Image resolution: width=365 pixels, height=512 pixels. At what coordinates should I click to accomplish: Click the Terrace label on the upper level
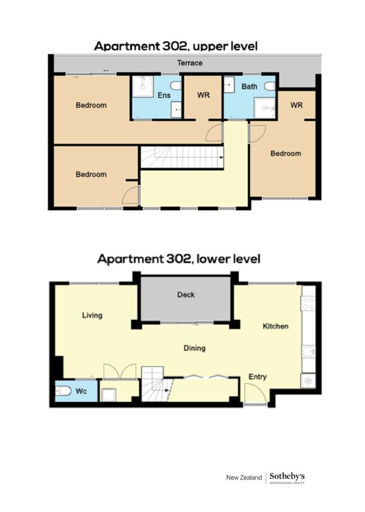pyautogui.click(x=189, y=63)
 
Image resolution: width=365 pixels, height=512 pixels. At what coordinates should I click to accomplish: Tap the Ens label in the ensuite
pyautogui.click(x=164, y=95)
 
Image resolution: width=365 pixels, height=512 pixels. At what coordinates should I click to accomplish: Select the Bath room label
pyautogui.click(x=249, y=87)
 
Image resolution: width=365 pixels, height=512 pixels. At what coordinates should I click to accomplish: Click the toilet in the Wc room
pyautogui.click(x=63, y=391)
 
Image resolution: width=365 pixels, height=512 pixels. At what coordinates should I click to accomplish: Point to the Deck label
pyautogui.click(x=185, y=294)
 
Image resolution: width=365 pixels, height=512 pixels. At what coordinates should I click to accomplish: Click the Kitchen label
pyautogui.click(x=275, y=326)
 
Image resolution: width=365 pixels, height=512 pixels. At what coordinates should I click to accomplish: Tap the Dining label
pyautogui.click(x=194, y=348)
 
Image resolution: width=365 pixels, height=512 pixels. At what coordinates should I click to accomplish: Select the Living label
pyautogui.click(x=92, y=315)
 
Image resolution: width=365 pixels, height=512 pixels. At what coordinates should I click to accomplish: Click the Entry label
pyautogui.click(x=257, y=377)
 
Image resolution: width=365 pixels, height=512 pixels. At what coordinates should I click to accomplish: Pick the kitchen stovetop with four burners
pyautogui.click(x=309, y=304)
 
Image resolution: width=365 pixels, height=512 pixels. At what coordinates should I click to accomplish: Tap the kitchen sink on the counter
pyautogui.click(x=309, y=351)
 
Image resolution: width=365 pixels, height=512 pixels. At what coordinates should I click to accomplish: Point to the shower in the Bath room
pyautogui.click(x=266, y=109)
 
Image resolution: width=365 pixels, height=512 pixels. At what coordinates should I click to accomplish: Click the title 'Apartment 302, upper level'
pyautogui.click(x=175, y=46)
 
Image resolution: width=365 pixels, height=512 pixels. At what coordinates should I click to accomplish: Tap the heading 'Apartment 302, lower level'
pyautogui.click(x=179, y=258)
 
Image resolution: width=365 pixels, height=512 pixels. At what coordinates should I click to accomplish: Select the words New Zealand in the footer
pyautogui.click(x=244, y=478)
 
